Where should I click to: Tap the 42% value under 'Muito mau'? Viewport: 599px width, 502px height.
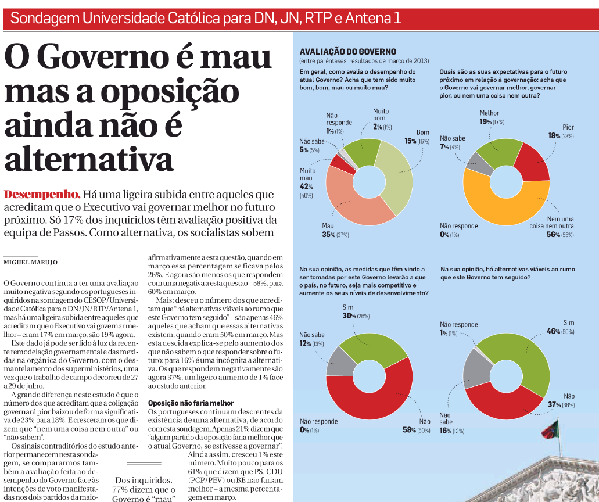(x=306, y=187)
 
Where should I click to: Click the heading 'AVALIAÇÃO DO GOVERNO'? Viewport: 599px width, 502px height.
(x=347, y=52)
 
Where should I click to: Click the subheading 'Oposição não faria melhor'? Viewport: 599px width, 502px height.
(x=191, y=403)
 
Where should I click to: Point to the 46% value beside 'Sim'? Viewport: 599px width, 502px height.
(x=553, y=331)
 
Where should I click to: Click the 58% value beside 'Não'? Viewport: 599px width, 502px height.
(x=409, y=429)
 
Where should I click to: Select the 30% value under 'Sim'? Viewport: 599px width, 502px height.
(x=348, y=315)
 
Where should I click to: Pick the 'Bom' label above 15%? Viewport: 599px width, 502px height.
(x=422, y=132)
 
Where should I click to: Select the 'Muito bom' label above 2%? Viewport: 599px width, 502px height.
(x=381, y=114)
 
